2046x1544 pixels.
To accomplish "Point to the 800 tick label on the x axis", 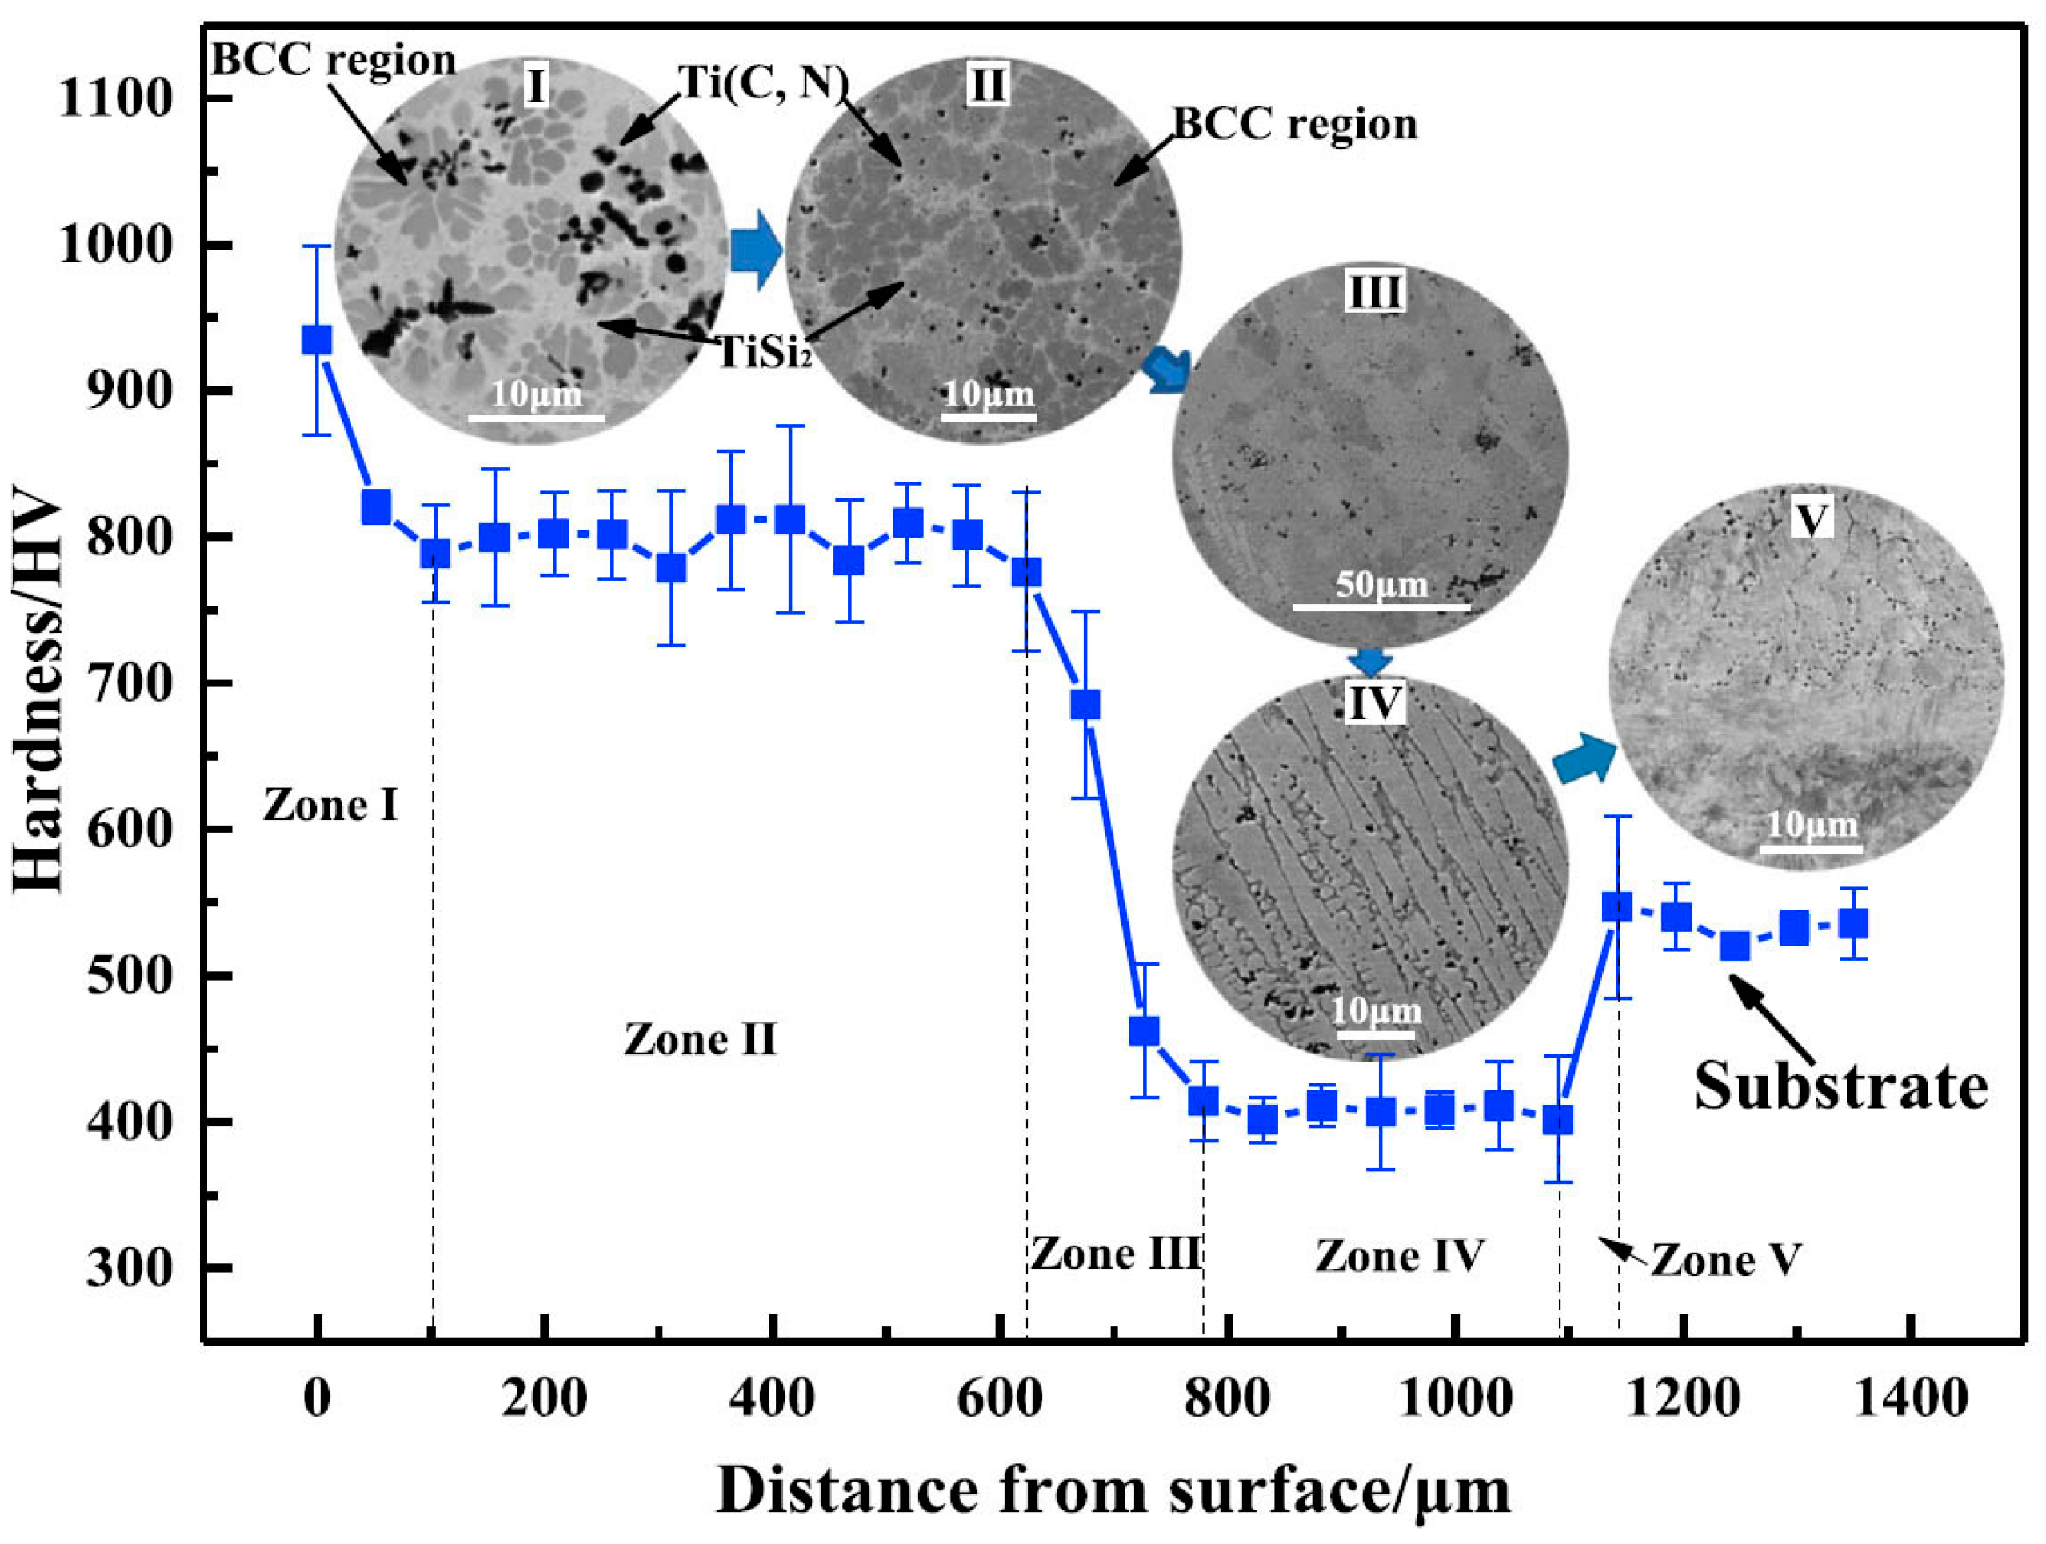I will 1228,1398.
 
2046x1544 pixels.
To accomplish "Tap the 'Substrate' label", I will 1840,1086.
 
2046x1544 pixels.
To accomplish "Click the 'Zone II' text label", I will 700,1040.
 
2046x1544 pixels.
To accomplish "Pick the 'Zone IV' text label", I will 1400,1256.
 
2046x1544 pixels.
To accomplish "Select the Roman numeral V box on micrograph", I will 1810,520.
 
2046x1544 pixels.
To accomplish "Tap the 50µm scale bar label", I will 1381,585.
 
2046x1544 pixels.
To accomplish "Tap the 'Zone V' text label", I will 1726,1260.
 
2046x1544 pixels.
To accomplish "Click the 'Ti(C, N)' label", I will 763,83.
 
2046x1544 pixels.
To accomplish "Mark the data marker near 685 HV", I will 1085,705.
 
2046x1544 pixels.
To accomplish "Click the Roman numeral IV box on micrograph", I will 1374,704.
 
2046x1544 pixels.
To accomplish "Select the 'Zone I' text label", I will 330,806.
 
